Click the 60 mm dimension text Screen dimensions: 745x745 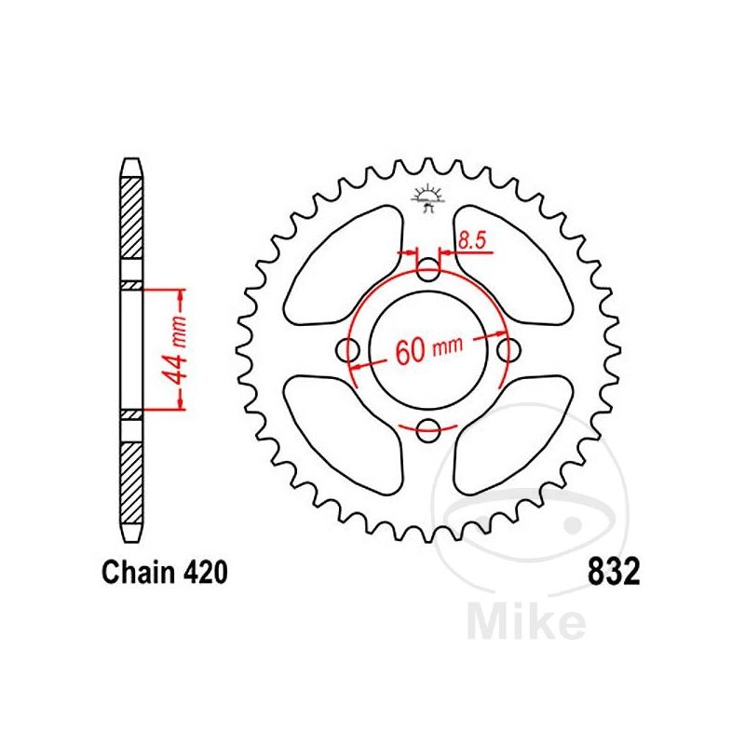(x=429, y=350)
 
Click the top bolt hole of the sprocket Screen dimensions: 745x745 (x=428, y=272)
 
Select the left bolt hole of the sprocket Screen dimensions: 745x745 (x=350, y=351)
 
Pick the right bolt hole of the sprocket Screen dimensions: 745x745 (x=508, y=351)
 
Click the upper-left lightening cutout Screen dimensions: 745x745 (x=345, y=260)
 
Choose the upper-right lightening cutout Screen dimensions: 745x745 (x=513, y=260)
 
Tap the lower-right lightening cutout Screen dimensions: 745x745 (x=513, y=438)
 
